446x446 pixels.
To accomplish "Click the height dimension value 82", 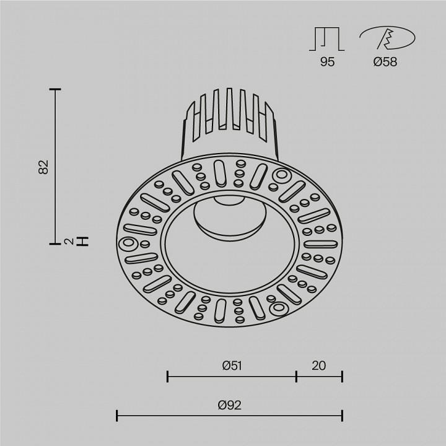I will pyautogui.click(x=43, y=167).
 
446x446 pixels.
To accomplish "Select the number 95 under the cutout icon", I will pyautogui.click(x=328, y=62).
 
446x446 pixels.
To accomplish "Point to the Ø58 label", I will pyautogui.click(x=386, y=62).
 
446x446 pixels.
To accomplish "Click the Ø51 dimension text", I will pyautogui.click(x=231, y=365).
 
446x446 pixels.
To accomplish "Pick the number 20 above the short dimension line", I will pyautogui.click(x=318, y=365).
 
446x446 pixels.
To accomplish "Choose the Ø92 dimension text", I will pyautogui.click(x=229, y=406).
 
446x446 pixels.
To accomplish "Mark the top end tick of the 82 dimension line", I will pyautogui.click(x=56, y=90).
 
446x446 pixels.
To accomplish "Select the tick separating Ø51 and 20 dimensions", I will pyautogui.click(x=296, y=375).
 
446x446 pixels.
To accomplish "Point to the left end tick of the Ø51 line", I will pyautogui.click(x=167, y=375).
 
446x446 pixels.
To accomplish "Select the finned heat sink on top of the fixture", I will pyautogui.click(x=230, y=121).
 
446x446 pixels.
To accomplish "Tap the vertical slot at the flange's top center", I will pyautogui.click(x=220, y=172).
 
